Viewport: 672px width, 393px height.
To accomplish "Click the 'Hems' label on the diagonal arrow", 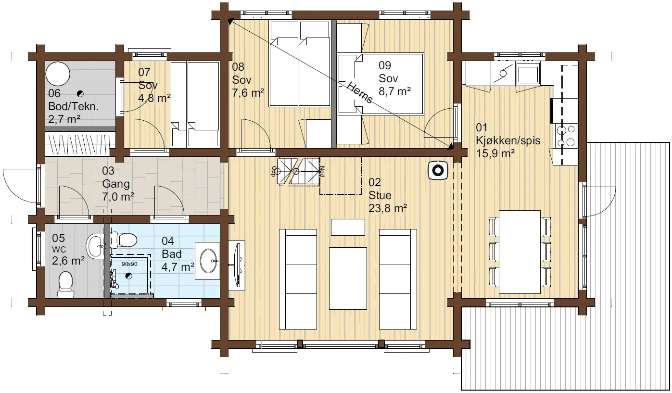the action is [x=360, y=92].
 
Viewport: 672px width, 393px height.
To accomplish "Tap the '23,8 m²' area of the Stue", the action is [x=388, y=208].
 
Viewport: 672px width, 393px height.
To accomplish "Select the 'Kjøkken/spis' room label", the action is [x=508, y=140].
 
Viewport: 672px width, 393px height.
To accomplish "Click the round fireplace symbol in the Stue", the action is [x=438, y=171].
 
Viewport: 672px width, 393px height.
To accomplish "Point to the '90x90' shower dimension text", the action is [x=129, y=264].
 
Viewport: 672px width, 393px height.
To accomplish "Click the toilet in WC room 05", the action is [x=66, y=284].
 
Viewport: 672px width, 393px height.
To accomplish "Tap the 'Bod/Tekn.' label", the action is [x=74, y=106].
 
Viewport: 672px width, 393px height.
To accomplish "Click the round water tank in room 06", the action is [x=58, y=74].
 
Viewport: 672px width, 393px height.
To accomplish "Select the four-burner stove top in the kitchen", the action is [x=566, y=136].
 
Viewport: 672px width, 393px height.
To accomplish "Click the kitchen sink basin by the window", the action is [x=528, y=74].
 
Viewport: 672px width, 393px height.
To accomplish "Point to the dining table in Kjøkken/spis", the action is [x=520, y=252].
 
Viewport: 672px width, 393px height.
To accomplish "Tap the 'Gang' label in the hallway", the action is [x=116, y=184].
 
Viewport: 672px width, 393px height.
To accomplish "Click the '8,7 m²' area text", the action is [x=394, y=91].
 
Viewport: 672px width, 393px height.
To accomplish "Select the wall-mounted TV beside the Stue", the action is [x=237, y=266].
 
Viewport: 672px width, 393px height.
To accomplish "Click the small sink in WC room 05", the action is [x=96, y=246].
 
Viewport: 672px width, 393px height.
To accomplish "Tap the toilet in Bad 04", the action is [x=124, y=240].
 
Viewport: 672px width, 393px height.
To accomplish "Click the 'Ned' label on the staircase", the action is [x=322, y=171].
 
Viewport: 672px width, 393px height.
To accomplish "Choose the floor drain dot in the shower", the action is [x=129, y=276].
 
